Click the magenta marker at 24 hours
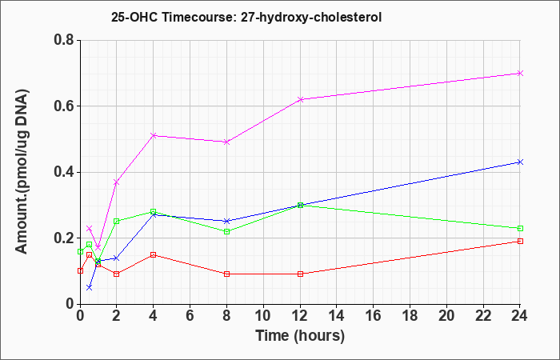tap(520, 74)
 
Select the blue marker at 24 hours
tap(520, 162)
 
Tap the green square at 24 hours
tap(520, 228)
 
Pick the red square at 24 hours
tap(520, 241)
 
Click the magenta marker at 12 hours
tap(300, 99)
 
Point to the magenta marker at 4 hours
tap(154, 136)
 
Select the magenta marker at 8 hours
tap(226, 142)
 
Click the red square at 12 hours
tap(300, 274)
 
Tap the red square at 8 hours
tap(226, 274)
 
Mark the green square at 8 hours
tap(226, 231)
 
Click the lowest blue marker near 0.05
tap(90, 287)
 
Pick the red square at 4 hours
tap(154, 254)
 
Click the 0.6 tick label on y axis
tap(64, 106)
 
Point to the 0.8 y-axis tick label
tap(64, 40)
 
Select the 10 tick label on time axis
tap(263, 316)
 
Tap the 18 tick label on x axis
tap(410, 316)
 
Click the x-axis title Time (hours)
tap(300, 336)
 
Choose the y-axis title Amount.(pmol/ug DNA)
tap(22, 171)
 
